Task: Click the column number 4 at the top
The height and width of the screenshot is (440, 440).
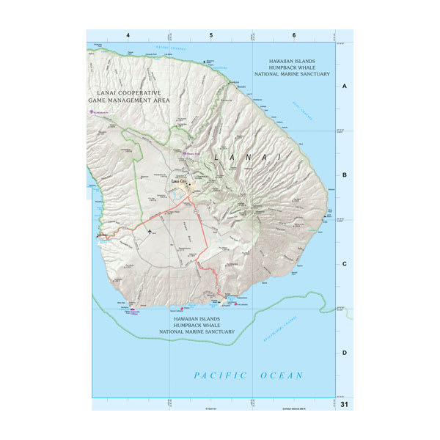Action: (x=128, y=35)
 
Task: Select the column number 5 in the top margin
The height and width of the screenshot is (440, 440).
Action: (x=211, y=35)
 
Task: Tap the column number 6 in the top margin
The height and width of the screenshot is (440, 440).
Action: (x=294, y=35)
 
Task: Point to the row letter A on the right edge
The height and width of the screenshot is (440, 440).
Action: (x=345, y=87)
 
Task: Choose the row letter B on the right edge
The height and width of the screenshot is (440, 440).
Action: (x=345, y=175)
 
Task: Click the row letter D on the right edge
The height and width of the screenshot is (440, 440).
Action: (x=345, y=353)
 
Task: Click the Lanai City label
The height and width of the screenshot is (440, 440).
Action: (x=180, y=180)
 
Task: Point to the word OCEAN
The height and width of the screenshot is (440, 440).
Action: (x=281, y=375)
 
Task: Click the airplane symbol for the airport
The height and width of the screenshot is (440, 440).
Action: (x=150, y=232)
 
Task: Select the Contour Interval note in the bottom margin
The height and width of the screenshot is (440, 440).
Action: (x=296, y=404)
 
